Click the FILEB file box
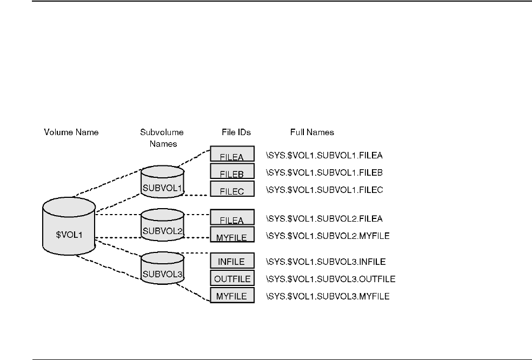pos(232,172)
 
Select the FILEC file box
pos(232,189)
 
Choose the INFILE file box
pos(232,261)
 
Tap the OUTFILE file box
pos(232,278)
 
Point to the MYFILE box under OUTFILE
pos(232,296)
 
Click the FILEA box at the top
pos(232,155)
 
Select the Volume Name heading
pos(71,132)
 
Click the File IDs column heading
pos(236,132)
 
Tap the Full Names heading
pos(311,132)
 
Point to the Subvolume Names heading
pos(162,137)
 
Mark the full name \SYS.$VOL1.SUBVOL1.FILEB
pos(324,173)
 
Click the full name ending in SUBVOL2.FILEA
pos(324,219)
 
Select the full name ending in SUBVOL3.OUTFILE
pos(330,279)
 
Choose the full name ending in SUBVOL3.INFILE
pos(325,262)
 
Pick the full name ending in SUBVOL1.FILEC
pos(324,190)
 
